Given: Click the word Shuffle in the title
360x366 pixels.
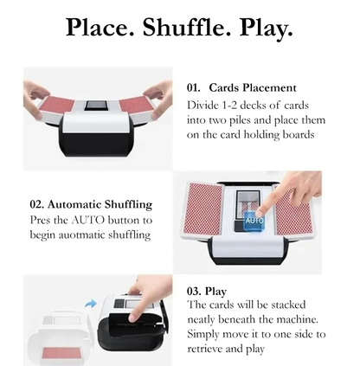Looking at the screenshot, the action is [187, 27].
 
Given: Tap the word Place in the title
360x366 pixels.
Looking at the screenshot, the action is [100, 27].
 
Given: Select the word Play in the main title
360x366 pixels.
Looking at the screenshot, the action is [266, 29].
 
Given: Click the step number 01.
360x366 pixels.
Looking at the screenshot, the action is [193, 87].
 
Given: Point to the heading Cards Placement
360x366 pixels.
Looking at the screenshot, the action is [253, 87].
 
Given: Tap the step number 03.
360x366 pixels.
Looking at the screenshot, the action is [194, 291].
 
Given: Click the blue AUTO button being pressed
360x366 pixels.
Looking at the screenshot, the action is [254, 221].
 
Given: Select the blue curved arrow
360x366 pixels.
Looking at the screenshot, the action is [91, 304].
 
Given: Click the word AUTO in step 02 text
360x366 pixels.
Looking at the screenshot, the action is [88, 220].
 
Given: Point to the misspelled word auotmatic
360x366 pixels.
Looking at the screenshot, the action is [81, 234].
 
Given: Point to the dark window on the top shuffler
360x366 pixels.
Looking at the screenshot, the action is [96, 106].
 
